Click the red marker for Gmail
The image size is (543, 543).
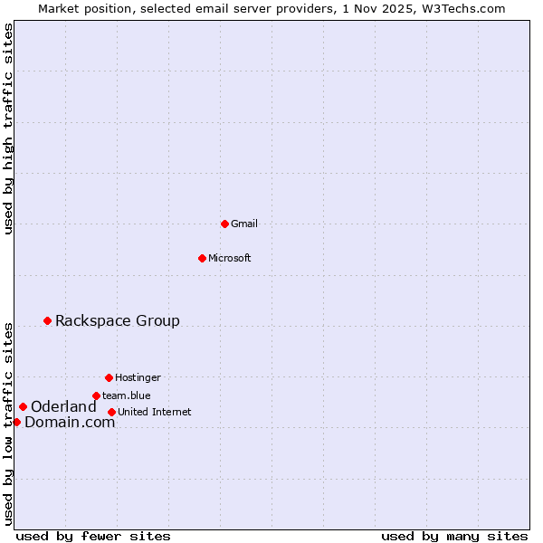pyautogui.click(x=224, y=224)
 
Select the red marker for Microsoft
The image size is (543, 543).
pyautogui.click(x=203, y=258)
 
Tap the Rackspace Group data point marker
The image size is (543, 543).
pyautogui.click(x=47, y=320)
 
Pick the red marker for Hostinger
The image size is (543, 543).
pyautogui.click(x=109, y=377)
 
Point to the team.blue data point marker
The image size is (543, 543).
pyautogui.click(x=96, y=395)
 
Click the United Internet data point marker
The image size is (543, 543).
pyautogui.click(x=111, y=412)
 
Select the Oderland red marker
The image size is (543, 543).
pyautogui.click(x=23, y=406)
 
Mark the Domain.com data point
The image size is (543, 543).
pyautogui.click(x=16, y=422)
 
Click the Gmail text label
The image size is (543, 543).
pyautogui.click(x=244, y=224)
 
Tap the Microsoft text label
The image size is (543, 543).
pyautogui.click(x=230, y=258)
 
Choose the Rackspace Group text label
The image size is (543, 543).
pyautogui.click(x=118, y=320)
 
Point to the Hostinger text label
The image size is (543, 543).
pyautogui.click(x=138, y=377)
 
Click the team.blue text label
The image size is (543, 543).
pyautogui.click(x=127, y=395)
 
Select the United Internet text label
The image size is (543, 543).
pyautogui.click(x=155, y=412)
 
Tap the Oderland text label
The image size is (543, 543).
pyautogui.click(x=63, y=406)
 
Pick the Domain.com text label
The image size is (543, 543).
pyautogui.click(x=70, y=422)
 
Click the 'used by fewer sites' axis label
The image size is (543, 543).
pyautogui.click(x=93, y=536)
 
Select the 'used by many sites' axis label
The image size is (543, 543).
pyautogui.click(x=454, y=536)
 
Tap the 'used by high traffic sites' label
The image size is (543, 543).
pyautogui.click(x=8, y=129)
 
